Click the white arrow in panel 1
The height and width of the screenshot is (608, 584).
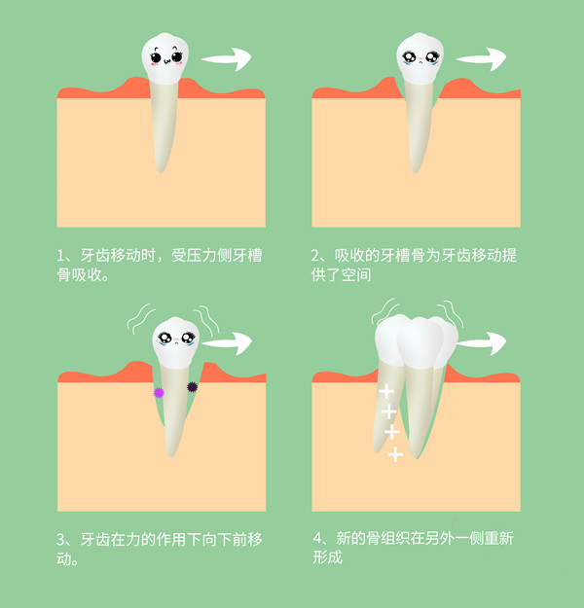[227, 59]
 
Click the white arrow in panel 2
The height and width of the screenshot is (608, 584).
[483, 59]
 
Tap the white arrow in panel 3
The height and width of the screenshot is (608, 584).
[227, 343]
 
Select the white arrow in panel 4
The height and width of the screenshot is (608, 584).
[482, 343]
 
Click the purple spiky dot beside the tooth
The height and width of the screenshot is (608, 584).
[159, 392]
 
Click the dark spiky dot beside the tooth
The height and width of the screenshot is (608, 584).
[192, 387]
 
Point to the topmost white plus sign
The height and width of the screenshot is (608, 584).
[386, 392]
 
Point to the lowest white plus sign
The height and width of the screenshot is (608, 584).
[395, 454]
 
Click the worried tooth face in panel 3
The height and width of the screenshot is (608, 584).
[174, 340]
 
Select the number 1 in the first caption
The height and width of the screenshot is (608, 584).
[61, 256]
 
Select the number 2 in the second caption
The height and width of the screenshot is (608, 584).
[317, 256]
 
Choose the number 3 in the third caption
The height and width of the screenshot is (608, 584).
[61, 539]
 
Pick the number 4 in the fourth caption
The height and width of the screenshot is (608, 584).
[317, 539]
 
